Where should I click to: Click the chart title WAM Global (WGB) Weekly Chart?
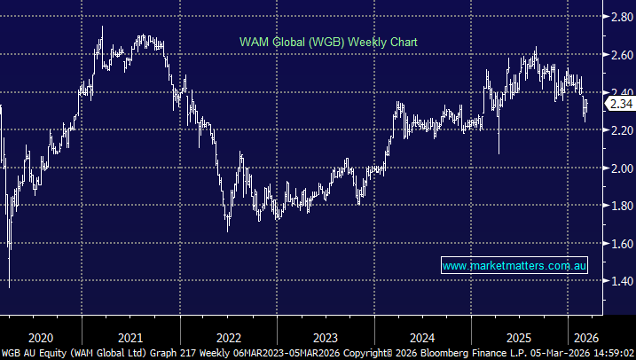pyautogui.click(x=328, y=42)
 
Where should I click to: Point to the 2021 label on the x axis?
pyautogui.click(x=130, y=337)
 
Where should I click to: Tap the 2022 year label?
pyautogui.click(x=228, y=337)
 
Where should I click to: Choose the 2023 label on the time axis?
pyautogui.click(x=325, y=337)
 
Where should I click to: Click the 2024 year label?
pyautogui.click(x=422, y=337)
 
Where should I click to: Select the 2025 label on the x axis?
pyautogui.click(x=520, y=337)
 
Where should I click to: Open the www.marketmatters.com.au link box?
pyautogui.click(x=514, y=266)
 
